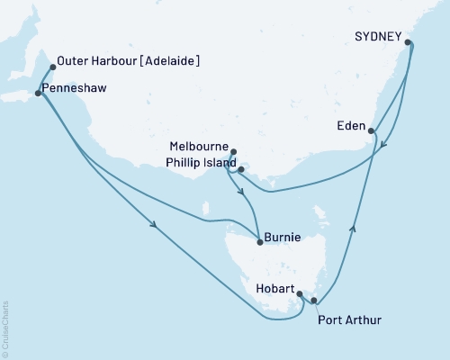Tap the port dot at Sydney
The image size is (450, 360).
coord(409,42)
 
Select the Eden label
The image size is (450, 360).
coord(350,126)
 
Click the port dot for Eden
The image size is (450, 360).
coord(373,131)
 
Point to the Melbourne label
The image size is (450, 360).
coord(198,144)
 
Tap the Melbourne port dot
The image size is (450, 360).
coord(234,152)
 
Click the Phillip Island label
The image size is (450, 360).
coord(201,163)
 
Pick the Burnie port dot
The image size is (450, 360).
coord(260,240)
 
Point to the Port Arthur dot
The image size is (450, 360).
coord(313,301)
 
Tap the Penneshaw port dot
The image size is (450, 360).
coord(37,93)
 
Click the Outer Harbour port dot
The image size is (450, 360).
coord(53,66)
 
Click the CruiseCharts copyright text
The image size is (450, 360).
coord(4,328)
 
